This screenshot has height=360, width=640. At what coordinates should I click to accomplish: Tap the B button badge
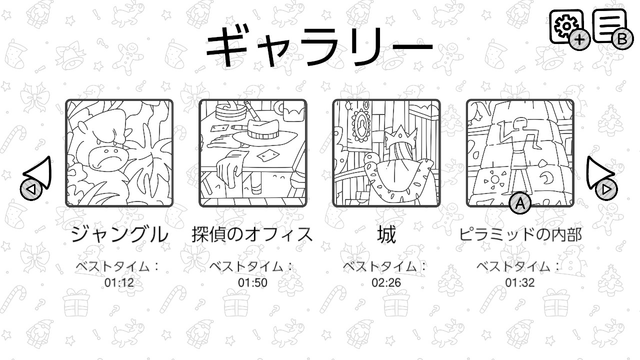click(x=622, y=39)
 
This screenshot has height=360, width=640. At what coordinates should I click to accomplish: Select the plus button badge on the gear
click(x=579, y=39)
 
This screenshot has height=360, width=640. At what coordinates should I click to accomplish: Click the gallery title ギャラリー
click(x=319, y=46)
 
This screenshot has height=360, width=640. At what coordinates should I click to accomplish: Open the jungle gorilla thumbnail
click(x=119, y=153)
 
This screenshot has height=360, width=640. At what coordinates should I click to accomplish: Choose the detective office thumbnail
click(x=253, y=153)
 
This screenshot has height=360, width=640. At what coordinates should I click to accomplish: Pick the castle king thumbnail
click(x=386, y=153)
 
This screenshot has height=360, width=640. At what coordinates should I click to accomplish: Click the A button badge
click(x=520, y=203)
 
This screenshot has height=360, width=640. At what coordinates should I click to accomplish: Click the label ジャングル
click(x=119, y=234)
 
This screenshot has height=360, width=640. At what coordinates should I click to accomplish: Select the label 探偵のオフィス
click(x=252, y=234)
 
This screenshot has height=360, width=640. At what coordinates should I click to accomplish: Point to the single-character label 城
click(x=386, y=234)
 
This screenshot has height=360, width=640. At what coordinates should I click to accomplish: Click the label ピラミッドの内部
click(x=520, y=234)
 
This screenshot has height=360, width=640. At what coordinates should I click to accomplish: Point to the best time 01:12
click(x=119, y=282)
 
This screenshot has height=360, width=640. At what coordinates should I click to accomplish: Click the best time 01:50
click(x=252, y=282)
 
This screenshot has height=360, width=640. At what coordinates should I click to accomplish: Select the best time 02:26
click(x=386, y=282)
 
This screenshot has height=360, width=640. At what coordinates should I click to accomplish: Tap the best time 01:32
click(x=519, y=282)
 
